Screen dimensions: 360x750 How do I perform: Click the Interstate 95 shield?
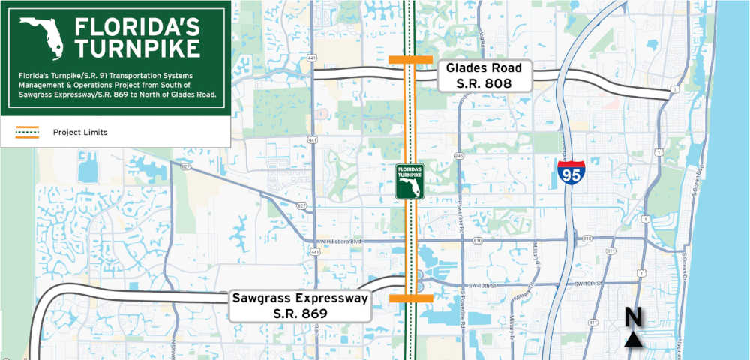tap(571, 172)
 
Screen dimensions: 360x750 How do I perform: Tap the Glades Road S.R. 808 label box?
tap(484, 76)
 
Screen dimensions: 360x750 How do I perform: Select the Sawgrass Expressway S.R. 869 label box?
tap(299, 305)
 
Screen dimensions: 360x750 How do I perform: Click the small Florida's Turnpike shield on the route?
tap(410, 181)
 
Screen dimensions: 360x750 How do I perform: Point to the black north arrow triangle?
tap(634, 340)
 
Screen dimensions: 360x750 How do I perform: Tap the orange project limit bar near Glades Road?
tap(410, 59)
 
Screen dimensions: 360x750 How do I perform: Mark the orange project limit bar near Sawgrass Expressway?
tap(411, 298)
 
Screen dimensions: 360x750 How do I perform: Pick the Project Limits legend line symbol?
tap(27, 133)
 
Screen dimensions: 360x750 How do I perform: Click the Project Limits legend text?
tap(80, 133)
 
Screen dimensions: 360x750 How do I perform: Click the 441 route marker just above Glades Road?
tap(310, 57)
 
